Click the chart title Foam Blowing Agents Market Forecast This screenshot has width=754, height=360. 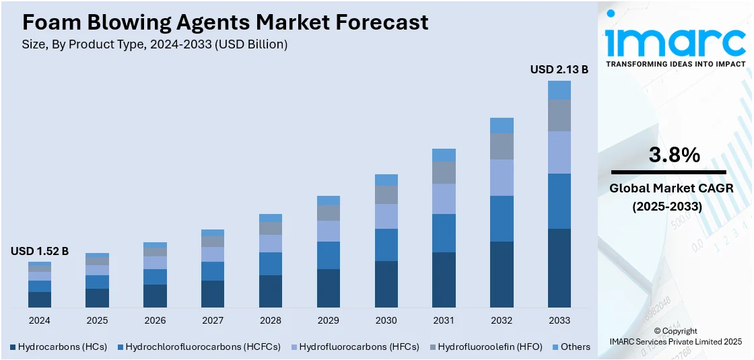tap(225, 22)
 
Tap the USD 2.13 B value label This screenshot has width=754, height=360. tap(559, 69)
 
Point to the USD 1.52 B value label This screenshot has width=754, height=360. tap(40, 251)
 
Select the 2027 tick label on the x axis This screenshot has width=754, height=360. tap(213, 320)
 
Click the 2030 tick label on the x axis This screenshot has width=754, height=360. tap(386, 320)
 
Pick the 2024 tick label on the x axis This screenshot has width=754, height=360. tap(40, 320)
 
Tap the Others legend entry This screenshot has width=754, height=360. tap(571, 347)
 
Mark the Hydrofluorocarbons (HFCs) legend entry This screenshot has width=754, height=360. tap(353, 347)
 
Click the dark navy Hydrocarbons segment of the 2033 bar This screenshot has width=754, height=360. tap(559, 268)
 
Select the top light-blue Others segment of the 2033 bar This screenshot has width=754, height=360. tap(559, 90)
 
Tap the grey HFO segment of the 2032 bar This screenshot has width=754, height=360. tap(502, 146)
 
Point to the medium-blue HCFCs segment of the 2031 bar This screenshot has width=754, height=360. tap(444, 233)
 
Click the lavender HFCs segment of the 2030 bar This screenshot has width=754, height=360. tap(386, 216)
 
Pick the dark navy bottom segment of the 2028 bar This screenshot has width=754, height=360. tap(271, 291)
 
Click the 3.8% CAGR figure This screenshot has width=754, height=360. tap(674, 155)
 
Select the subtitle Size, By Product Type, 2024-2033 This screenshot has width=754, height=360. tap(155, 44)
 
